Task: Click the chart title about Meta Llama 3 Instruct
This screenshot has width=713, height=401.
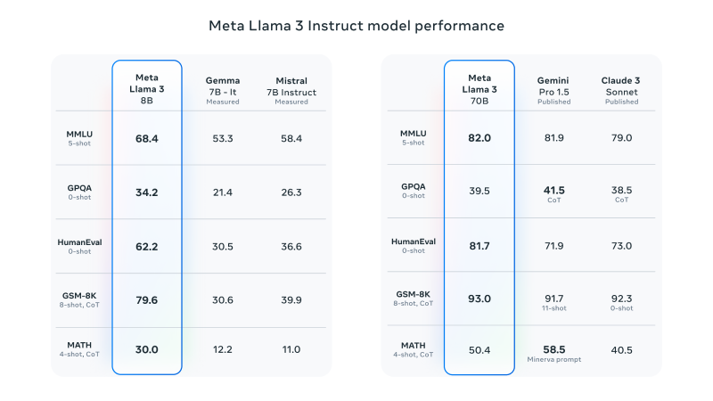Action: tap(356, 26)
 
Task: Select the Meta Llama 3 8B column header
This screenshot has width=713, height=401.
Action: tap(147, 88)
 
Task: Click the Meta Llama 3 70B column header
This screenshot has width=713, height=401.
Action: tap(479, 88)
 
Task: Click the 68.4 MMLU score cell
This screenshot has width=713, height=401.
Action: tap(147, 138)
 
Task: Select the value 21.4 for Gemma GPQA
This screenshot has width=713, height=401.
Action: tap(223, 192)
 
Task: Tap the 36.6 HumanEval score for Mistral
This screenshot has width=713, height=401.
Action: tap(291, 246)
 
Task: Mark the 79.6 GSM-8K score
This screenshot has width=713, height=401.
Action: tap(147, 300)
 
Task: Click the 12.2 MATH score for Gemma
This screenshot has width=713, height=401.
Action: tap(223, 349)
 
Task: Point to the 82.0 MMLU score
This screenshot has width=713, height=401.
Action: tap(479, 138)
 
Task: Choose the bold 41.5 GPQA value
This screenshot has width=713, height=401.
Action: tap(553, 190)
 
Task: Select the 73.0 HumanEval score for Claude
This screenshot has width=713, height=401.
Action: tap(621, 246)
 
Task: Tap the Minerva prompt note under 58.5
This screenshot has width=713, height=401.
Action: tap(553, 359)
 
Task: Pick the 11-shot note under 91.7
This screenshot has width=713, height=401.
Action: tap(553, 307)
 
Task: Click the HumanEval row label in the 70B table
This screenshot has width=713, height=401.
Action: tap(414, 241)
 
